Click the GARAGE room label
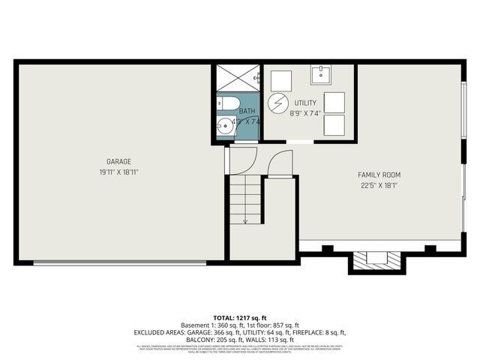tap(118, 161)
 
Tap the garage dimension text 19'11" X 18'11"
tap(118, 172)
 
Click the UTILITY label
tap(305, 103)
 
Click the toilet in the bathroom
tap(226, 103)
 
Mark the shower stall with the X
tap(238, 77)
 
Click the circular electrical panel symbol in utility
tap(278, 102)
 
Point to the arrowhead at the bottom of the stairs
tap(244, 220)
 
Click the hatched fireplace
tap(376, 259)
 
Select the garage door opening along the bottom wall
tap(120, 262)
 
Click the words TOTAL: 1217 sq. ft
tap(240, 317)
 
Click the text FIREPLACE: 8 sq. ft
tap(314, 332)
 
